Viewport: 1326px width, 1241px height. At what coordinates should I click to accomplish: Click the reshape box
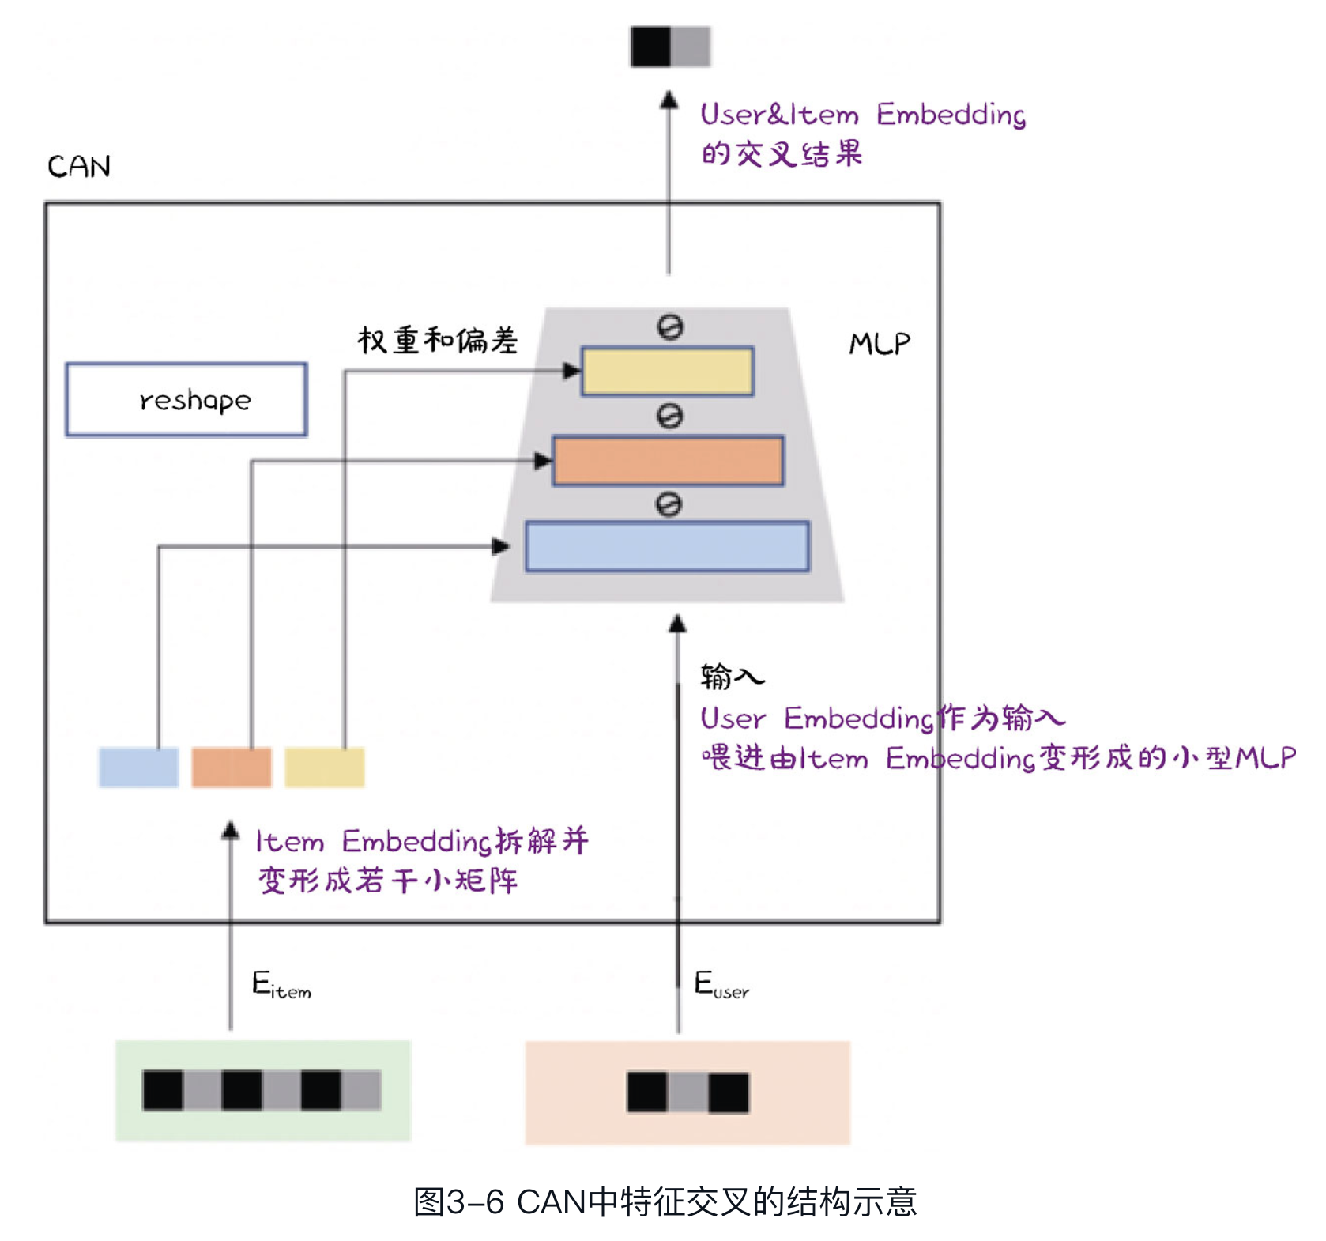point(186,399)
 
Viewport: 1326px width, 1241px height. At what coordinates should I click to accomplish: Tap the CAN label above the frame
point(79,167)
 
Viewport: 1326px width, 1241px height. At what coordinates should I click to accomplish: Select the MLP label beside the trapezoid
point(879,344)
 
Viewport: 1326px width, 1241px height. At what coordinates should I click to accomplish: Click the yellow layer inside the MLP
point(668,371)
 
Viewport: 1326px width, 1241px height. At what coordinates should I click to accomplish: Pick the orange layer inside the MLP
point(668,460)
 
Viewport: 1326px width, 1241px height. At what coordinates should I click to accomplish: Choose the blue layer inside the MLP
point(668,546)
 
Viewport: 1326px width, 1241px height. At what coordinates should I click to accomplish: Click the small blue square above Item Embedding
point(138,767)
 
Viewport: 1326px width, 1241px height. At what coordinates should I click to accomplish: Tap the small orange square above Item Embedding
point(232,767)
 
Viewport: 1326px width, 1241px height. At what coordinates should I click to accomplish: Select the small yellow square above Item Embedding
point(325,767)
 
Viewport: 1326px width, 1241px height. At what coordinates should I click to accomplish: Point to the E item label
point(281,985)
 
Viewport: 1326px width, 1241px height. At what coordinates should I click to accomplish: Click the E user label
point(721,985)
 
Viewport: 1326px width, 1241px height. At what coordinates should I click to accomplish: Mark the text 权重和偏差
point(438,341)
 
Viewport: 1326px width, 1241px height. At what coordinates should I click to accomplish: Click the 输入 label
point(732,677)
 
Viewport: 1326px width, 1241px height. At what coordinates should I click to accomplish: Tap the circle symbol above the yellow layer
point(670,327)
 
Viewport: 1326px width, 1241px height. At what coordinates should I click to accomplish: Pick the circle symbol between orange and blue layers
point(669,504)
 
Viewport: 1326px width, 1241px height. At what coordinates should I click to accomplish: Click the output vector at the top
point(670,47)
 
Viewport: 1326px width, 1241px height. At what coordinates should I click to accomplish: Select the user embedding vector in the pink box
point(687,1092)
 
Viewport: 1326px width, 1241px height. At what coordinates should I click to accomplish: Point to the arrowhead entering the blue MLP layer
point(501,546)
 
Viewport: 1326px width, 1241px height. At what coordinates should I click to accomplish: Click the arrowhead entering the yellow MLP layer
point(572,371)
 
